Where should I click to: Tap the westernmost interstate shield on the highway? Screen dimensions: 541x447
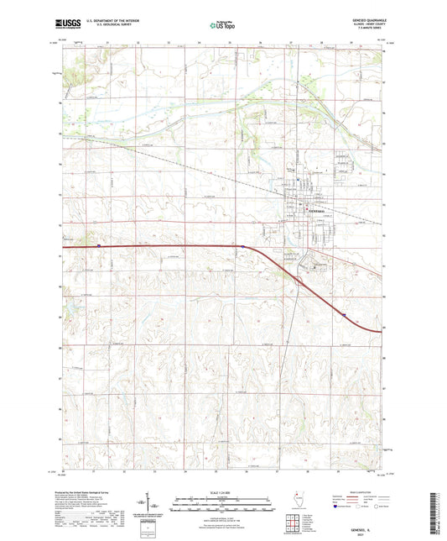click(x=99, y=245)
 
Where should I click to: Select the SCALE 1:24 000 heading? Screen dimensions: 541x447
click(x=222, y=494)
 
